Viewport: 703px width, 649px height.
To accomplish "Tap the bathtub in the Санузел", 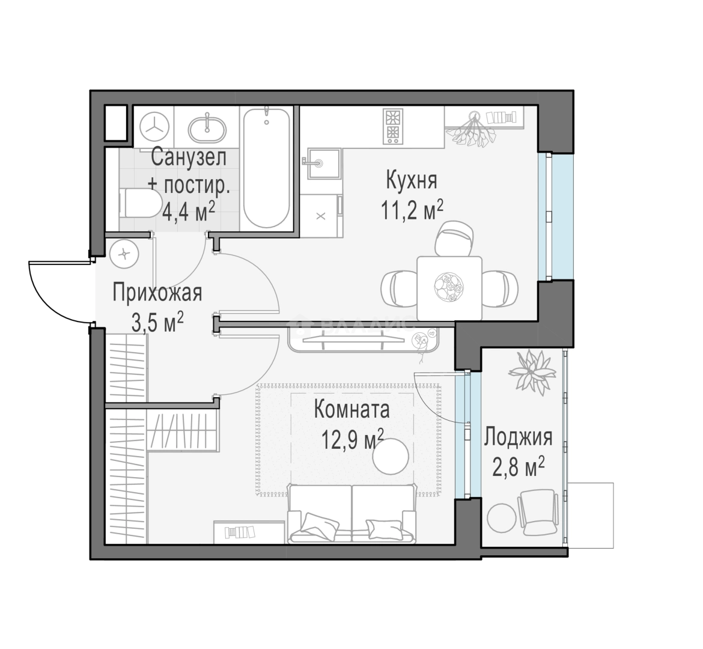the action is tap(266, 168).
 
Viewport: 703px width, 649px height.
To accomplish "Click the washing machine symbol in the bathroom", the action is tap(154, 126).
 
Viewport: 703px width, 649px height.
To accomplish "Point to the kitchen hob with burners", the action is tap(393, 126).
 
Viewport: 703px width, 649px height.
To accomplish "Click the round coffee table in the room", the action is tap(391, 456).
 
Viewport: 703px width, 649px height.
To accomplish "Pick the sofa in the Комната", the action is tap(351, 513).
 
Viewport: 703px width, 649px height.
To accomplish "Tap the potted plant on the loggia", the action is tap(531, 372).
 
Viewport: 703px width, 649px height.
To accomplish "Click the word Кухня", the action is tap(412, 181).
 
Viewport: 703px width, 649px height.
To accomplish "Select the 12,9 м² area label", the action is tap(353, 439).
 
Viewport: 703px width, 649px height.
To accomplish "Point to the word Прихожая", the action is tap(157, 293).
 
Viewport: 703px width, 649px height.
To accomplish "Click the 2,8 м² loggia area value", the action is tap(519, 468).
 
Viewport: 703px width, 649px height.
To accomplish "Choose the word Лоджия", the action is tap(519, 437).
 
